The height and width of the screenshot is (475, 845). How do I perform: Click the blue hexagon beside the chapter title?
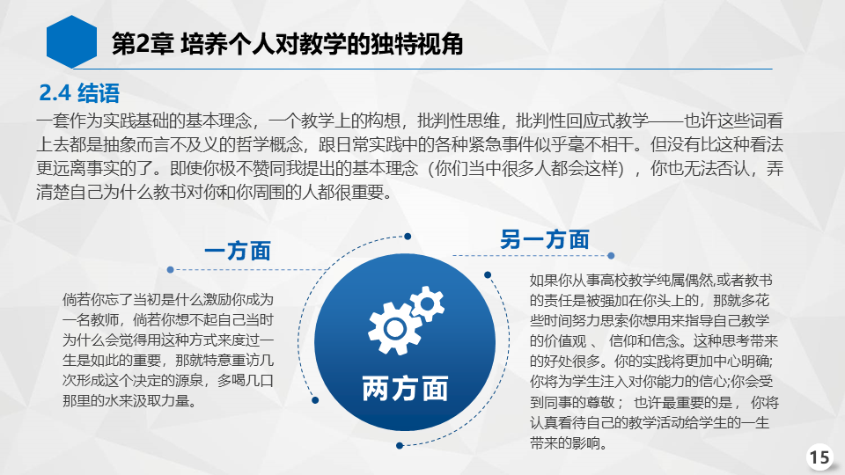(71, 42)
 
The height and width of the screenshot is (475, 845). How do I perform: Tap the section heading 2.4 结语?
(79, 93)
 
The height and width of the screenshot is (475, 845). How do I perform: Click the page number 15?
(819, 457)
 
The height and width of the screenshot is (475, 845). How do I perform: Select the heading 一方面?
(238, 251)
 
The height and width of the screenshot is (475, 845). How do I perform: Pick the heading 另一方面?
(545, 239)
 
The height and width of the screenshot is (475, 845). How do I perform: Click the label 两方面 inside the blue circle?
(405, 389)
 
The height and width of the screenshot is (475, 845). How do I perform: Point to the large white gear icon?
(393, 328)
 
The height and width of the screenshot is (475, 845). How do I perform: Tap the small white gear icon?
(427, 303)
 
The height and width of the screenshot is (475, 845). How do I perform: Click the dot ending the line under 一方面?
(170, 269)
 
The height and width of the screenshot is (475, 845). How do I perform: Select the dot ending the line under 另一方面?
(611, 256)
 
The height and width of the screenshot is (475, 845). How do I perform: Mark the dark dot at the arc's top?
(408, 237)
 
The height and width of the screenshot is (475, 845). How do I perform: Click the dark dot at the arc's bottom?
(400, 445)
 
